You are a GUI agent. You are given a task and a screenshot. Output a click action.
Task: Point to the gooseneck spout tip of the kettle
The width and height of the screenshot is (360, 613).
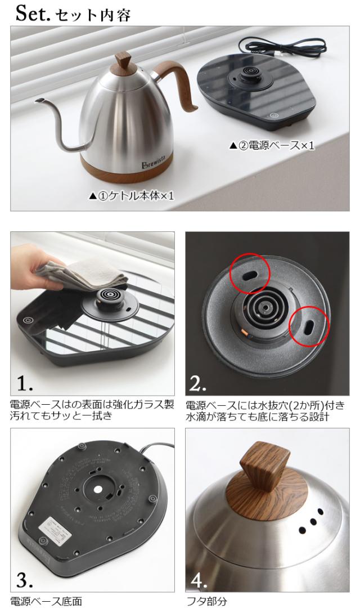coord(38,101)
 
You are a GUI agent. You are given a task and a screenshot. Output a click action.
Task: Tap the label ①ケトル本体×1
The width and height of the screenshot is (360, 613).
coord(131,196)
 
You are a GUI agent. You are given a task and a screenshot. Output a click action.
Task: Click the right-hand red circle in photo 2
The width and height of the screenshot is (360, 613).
coord(309,326)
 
